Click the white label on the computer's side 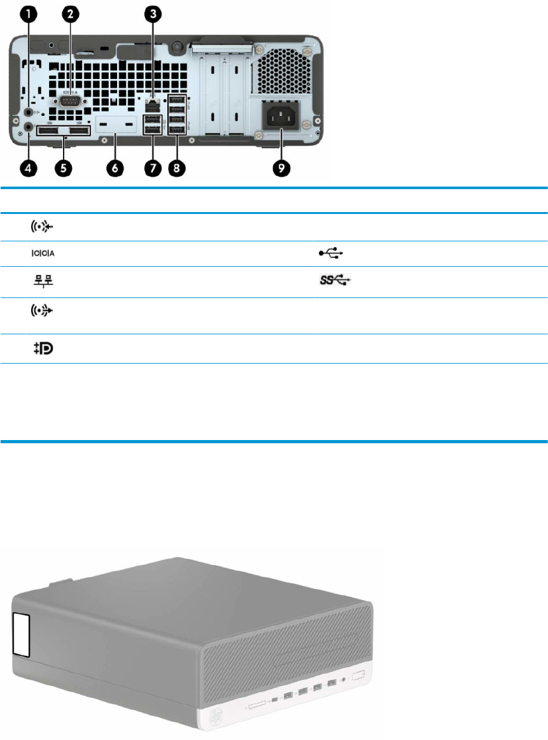pos(21,635)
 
